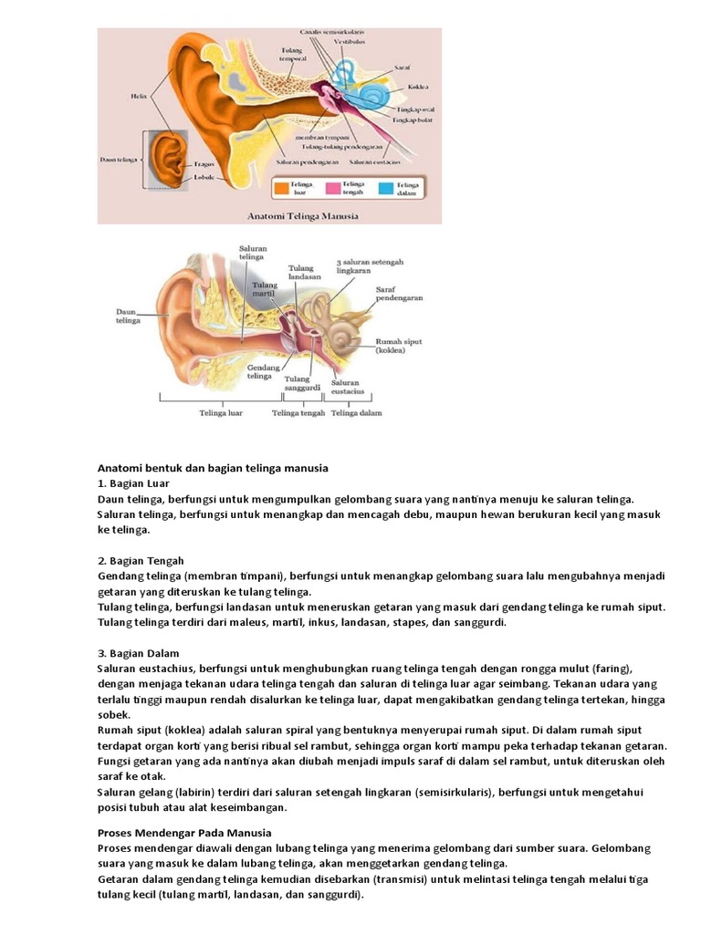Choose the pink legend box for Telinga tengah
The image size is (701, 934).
tap(334, 190)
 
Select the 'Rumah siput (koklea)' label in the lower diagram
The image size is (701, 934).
tap(398, 345)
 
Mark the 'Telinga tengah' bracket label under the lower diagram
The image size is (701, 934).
tap(298, 412)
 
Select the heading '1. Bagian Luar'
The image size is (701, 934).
tap(133, 483)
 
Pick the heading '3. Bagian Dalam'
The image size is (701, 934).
tap(138, 653)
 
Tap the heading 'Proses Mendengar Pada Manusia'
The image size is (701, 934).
tap(184, 833)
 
